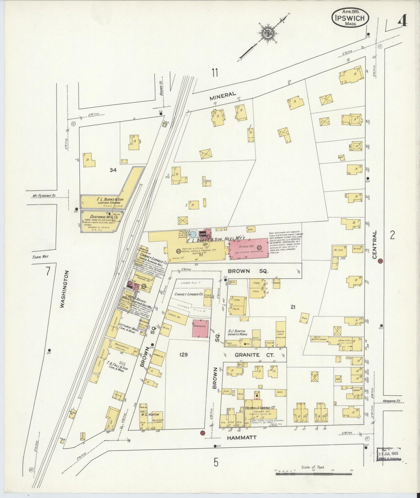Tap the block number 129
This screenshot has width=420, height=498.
tap(183, 354)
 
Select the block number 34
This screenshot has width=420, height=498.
tap(113, 170)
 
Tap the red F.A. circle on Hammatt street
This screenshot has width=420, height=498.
tap(202, 433)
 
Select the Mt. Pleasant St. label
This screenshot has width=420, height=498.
tap(44, 196)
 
